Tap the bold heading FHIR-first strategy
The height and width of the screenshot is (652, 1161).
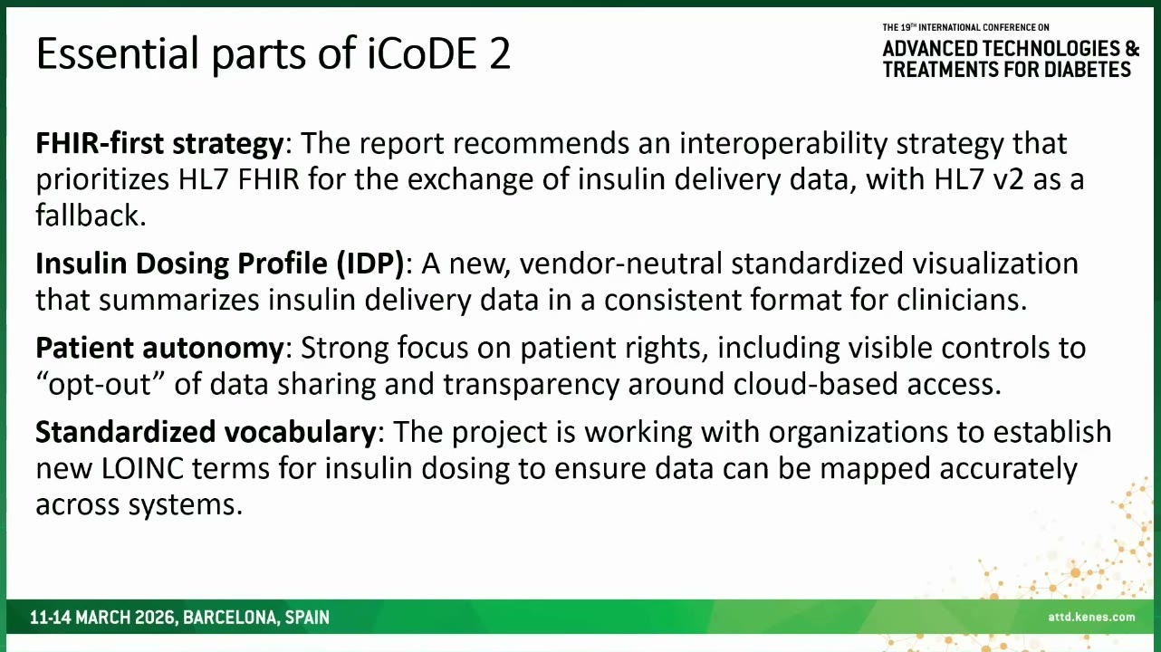[159, 144]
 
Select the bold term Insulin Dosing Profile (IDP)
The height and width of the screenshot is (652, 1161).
[220, 264]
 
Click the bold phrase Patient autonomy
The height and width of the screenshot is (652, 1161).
[159, 348]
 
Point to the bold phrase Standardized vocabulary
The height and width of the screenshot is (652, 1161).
[206, 432]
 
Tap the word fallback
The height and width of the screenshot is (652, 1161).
[91, 216]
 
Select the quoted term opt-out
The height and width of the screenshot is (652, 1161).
[100, 384]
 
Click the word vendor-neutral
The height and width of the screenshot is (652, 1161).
[621, 264]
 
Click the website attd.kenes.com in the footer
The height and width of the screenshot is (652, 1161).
[1091, 617]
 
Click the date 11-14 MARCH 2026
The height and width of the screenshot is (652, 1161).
[103, 618]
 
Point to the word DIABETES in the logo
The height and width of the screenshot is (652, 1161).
[1087, 69]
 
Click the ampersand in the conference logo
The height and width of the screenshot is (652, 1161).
[1132, 48]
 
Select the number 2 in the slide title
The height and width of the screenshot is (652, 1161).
[500, 53]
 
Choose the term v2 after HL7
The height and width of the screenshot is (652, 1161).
[1006, 179]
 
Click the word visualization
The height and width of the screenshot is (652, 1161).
[995, 264]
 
